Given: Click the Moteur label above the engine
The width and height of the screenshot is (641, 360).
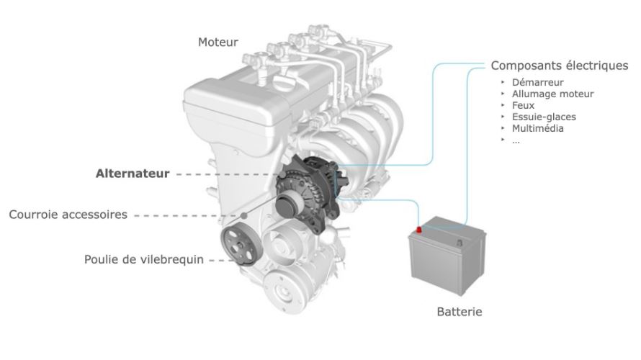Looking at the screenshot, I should [x=218, y=42].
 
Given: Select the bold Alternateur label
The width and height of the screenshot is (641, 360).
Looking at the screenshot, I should [x=133, y=174].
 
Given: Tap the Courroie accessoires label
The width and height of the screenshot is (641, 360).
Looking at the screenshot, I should [x=68, y=215].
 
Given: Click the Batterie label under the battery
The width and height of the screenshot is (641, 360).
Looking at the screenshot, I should [x=459, y=312].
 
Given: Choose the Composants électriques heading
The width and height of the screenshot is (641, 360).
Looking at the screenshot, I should [x=560, y=66].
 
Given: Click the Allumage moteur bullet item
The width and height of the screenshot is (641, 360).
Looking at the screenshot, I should [x=552, y=94].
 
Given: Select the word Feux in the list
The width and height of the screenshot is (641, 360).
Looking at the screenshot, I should [x=524, y=105].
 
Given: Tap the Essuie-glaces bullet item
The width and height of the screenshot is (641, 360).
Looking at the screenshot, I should [x=544, y=117].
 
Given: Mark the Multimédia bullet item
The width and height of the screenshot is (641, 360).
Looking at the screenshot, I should [x=538, y=128].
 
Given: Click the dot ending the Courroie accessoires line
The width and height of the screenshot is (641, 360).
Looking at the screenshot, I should [x=246, y=215].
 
